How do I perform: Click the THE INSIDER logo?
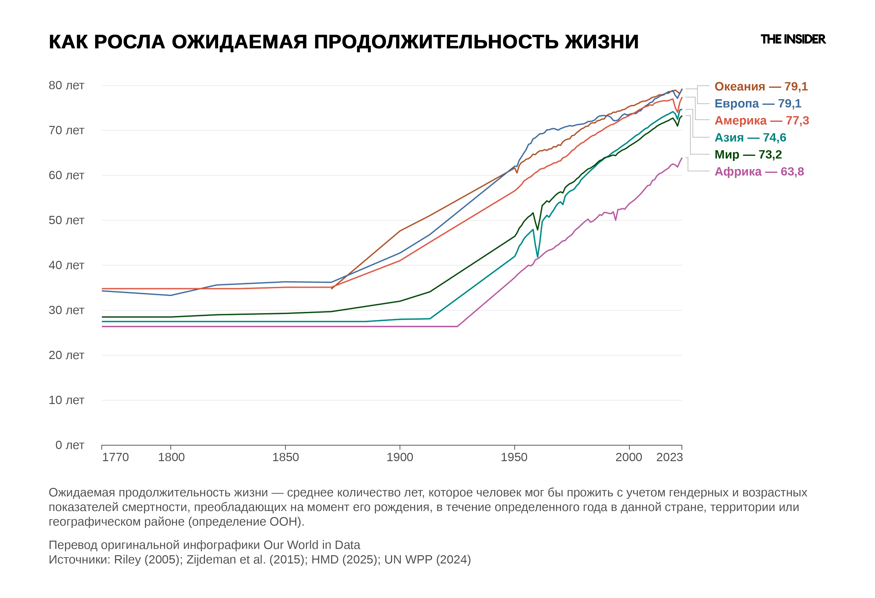[793, 39]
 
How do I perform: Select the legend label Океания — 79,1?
[761, 86]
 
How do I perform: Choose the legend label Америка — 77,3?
[762, 121]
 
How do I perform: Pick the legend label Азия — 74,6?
[750, 137]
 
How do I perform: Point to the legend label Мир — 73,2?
[748, 154]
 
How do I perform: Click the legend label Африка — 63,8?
[759, 171]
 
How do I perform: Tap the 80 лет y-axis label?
[66, 86]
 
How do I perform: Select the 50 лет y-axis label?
[66, 220]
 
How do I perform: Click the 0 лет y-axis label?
[70, 445]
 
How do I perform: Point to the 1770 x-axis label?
[115, 457]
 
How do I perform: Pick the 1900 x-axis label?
[400, 457]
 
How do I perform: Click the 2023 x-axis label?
[669, 457]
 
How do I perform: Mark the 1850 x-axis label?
[285, 457]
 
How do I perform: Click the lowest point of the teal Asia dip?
[537, 257]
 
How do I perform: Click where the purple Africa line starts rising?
[457, 326]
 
